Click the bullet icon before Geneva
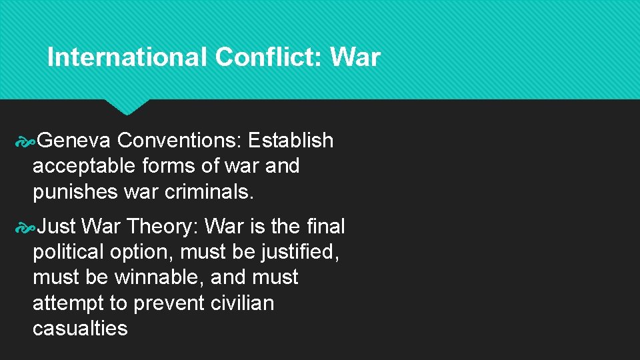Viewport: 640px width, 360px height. [25, 141]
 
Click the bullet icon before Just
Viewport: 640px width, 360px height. [25, 227]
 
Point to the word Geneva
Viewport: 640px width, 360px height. [75, 141]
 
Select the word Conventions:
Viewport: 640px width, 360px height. [179, 141]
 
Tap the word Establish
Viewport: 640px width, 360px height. [291, 141]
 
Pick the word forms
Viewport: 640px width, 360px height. [167, 166]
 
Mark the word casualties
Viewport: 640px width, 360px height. [80, 328]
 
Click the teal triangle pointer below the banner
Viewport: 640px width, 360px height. [126, 106]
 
